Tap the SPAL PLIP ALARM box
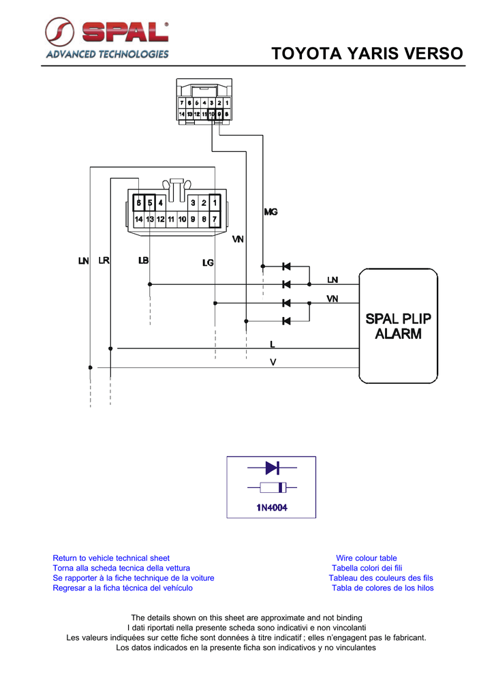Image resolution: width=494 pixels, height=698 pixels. coord(398,325)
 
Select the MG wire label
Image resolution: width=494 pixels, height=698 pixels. coord(271,212)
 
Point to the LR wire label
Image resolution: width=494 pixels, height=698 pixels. coord(105,260)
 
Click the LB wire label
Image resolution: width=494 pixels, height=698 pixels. coord(143,260)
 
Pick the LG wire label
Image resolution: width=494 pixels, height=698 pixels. coord(208,262)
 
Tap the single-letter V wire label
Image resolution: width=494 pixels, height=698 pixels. coord(273,363)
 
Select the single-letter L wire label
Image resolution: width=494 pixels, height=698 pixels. coord(273,344)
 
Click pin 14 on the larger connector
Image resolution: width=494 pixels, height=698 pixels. coord(138,219)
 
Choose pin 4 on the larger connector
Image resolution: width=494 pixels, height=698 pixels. coord(160,202)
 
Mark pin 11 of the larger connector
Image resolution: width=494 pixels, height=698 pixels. coord(171,219)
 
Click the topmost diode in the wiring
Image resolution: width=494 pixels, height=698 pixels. coord(286,265)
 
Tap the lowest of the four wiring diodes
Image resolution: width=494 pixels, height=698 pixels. coord(286,321)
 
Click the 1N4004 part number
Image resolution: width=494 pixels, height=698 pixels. coord(272,508)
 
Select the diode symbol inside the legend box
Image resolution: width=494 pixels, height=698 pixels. coord(272,468)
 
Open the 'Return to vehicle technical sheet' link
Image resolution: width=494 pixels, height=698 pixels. coord(111,558)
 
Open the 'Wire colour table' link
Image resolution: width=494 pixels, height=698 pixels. coord(366,558)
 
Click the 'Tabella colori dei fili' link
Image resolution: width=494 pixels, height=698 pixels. coord(367,568)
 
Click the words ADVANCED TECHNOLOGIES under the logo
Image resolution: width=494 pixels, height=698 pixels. coord(107,54)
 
